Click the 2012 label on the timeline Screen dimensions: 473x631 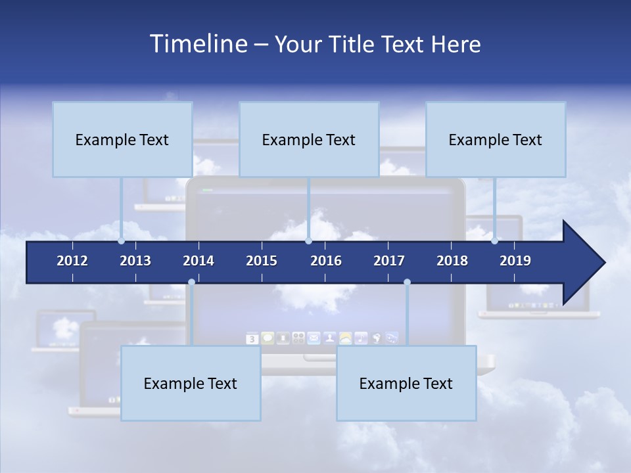(x=72, y=261)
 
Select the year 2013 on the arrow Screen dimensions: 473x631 (x=135, y=261)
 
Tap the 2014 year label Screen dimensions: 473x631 (x=199, y=261)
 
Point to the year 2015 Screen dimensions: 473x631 (x=262, y=261)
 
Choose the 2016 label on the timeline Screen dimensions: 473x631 (x=326, y=261)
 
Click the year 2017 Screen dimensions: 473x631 (x=389, y=261)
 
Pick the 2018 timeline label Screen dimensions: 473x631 (x=452, y=261)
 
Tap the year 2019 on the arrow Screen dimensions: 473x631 (x=515, y=261)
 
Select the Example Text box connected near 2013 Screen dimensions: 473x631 (x=122, y=139)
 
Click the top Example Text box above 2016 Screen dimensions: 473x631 (x=309, y=139)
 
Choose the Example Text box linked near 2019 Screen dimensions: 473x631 (x=496, y=139)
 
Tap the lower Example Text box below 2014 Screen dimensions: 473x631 (x=191, y=383)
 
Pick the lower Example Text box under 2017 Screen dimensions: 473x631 (x=406, y=383)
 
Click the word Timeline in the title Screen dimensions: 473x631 (x=198, y=43)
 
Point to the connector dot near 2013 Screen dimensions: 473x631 (x=122, y=241)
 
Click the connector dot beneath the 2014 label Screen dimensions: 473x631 (x=191, y=282)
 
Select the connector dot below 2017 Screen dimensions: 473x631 (x=407, y=282)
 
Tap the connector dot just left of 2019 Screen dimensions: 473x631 (x=495, y=241)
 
